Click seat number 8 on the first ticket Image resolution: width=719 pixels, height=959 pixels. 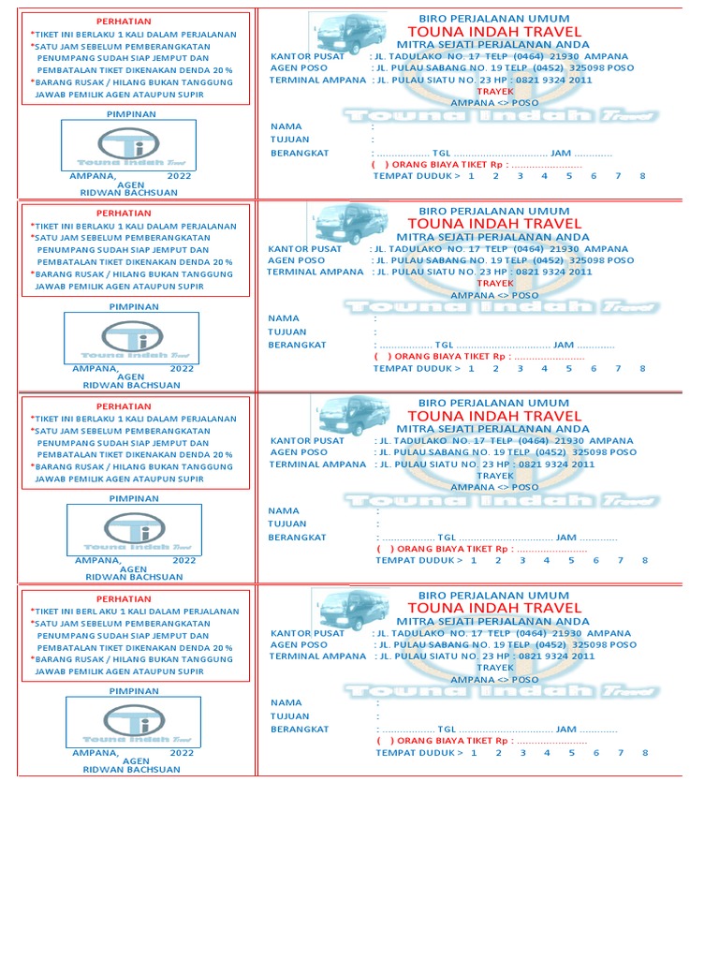pos(643,176)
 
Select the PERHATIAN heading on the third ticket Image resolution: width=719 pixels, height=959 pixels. pos(125,406)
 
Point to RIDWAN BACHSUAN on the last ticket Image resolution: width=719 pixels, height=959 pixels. pos(132,769)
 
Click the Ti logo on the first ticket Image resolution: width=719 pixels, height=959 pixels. pos(127,145)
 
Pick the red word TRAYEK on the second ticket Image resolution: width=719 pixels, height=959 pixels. pos(495,283)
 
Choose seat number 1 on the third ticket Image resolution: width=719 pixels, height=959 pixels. pos(475,560)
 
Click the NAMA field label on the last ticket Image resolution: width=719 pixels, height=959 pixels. pos(286,702)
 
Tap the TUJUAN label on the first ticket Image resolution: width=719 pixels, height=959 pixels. pos(289,140)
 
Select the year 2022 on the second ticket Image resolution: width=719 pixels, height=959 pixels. pos(182,368)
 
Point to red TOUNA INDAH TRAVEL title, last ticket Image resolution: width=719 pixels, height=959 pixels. pos(494,608)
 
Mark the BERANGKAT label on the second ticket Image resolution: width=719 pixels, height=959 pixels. pos(297,345)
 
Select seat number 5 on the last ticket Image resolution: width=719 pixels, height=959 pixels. pos(571,753)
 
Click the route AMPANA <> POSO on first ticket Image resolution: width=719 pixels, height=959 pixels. pos(494,103)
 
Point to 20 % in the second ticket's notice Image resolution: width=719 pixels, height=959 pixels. pos(222,262)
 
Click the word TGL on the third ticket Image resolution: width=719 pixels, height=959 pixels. pos(447,538)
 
